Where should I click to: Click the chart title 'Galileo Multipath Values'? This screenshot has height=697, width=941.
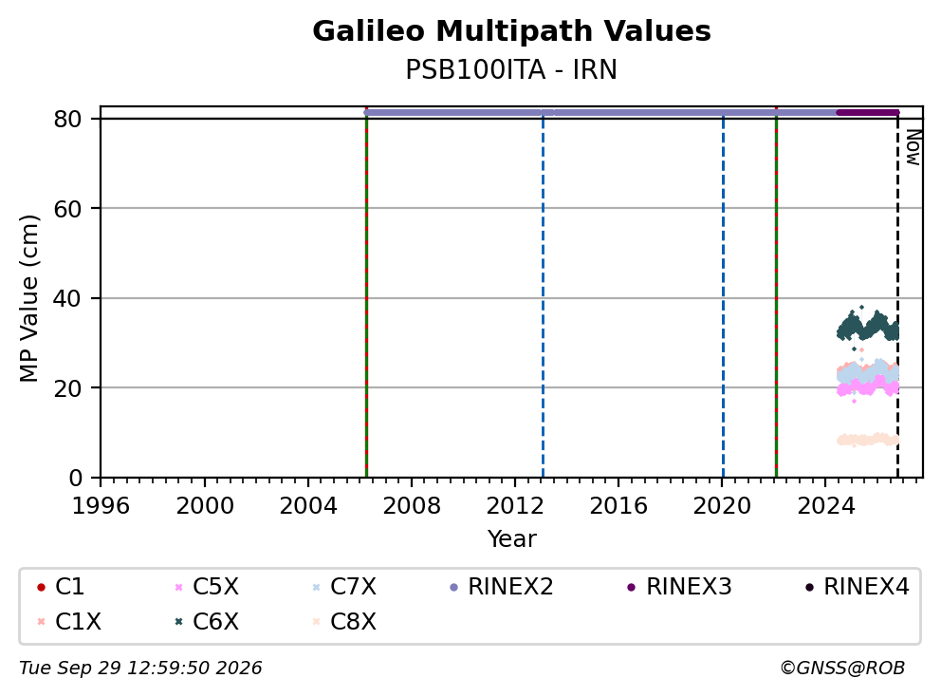tap(511, 31)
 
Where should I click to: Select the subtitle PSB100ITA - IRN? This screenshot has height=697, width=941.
tap(511, 69)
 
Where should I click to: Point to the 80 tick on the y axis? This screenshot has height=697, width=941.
tap(67, 119)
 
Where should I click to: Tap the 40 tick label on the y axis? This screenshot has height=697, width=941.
tap(67, 298)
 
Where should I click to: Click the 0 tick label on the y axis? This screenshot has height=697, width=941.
tap(76, 478)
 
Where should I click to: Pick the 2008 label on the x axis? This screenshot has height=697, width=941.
tap(412, 506)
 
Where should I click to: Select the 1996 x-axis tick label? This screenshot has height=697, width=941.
tap(101, 506)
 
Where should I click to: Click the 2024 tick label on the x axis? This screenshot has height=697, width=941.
tap(826, 506)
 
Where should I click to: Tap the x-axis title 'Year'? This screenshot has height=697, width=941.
tap(512, 539)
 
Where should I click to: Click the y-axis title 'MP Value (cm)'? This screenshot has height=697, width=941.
tap(28, 298)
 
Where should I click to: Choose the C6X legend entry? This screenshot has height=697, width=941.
tap(207, 622)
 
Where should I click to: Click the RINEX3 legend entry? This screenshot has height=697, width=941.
tap(679, 587)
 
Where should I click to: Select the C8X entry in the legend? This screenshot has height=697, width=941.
tap(344, 622)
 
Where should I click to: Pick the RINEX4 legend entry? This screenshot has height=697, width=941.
tap(858, 587)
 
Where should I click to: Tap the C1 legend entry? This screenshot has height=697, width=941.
tap(61, 587)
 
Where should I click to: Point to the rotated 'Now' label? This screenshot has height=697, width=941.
tap(913, 147)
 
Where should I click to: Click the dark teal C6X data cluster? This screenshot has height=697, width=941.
tap(868, 327)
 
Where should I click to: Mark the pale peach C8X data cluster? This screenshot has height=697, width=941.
tap(868, 440)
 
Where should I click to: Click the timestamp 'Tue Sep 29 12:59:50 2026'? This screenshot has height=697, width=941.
tap(140, 669)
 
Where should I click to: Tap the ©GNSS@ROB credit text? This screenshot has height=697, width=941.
tap(842, 669)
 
